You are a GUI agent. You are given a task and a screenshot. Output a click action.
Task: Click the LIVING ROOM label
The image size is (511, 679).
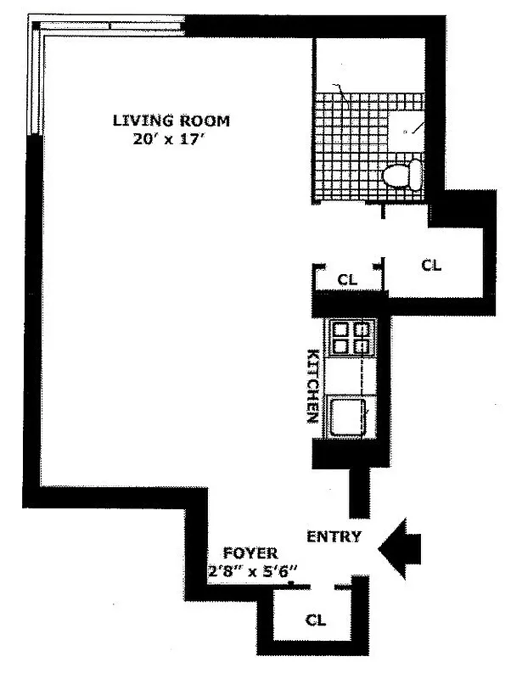pos(171,121)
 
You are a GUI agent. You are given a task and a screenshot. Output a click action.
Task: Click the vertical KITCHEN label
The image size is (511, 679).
pos(312,386)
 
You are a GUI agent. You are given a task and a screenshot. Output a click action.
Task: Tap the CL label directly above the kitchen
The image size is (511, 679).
pos(346,278)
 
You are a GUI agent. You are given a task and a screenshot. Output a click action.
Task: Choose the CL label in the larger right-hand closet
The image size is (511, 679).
pos(432,265)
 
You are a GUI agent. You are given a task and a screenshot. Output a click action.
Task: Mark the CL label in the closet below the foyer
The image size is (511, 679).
pos(315,620)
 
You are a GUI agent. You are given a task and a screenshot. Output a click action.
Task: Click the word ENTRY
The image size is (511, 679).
pos(334,536)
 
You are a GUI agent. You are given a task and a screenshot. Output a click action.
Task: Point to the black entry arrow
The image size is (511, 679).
pos(401,550)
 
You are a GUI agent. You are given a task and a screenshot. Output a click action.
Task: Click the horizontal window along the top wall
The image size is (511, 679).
pos(110,26)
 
